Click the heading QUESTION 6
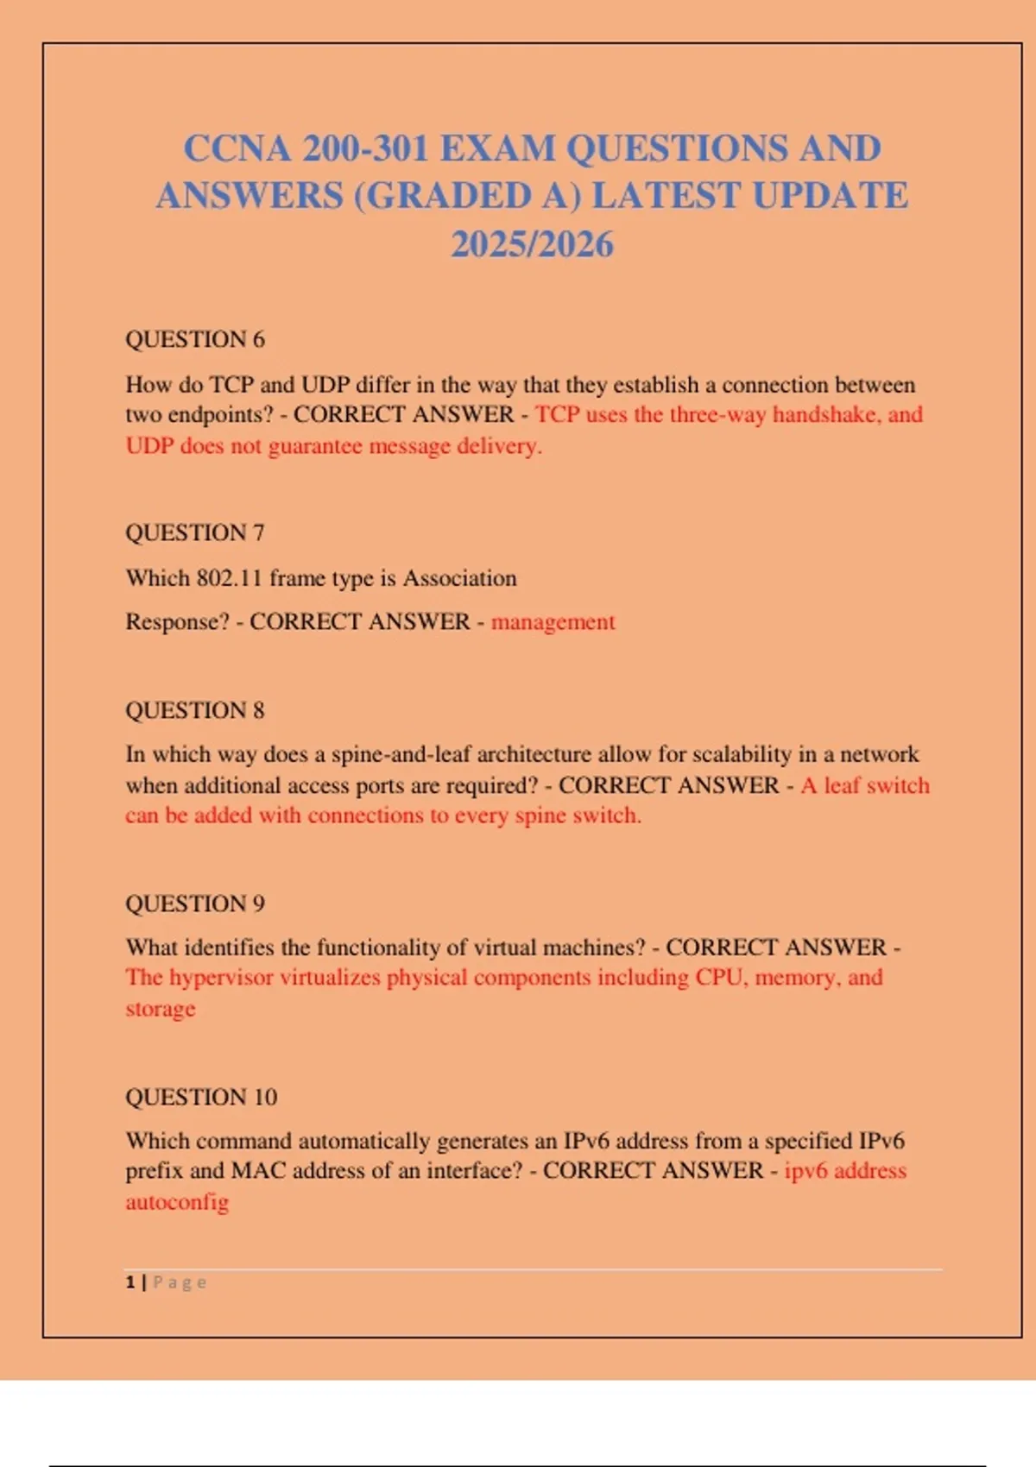[x=195, y=339]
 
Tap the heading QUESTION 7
[x=195, y=532]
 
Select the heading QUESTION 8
[x=195, y=710]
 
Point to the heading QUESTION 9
[x=195, y=903]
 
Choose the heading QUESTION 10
[x=201, y=1097]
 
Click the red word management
[x=553, y=622]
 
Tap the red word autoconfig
[x=177, y=1202]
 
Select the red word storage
[x=161, y=1009]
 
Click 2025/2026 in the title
[x=532, y=244]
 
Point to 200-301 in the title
[x=365, y=148]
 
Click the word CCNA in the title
[x=237, y=148]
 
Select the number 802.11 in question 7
[x=229, y=578]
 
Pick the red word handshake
[x=823, y=415]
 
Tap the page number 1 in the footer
[x=130, y=1282]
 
